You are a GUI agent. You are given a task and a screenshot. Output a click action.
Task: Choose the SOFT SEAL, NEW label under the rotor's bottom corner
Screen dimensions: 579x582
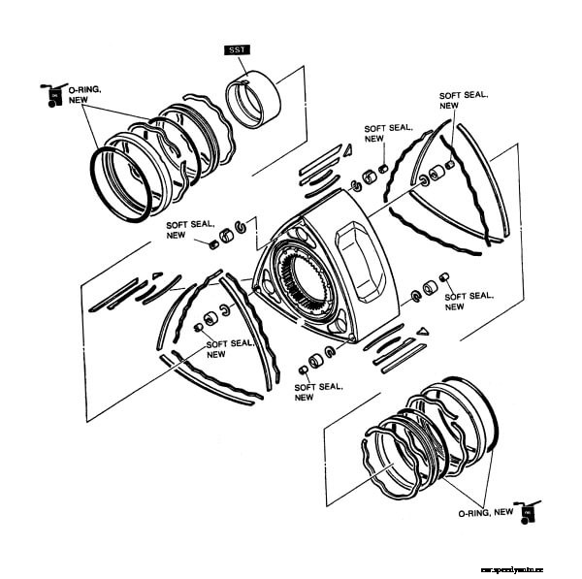tap(317, 390)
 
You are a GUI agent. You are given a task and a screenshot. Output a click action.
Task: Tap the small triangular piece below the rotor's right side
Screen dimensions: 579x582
tap(421, 332)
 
